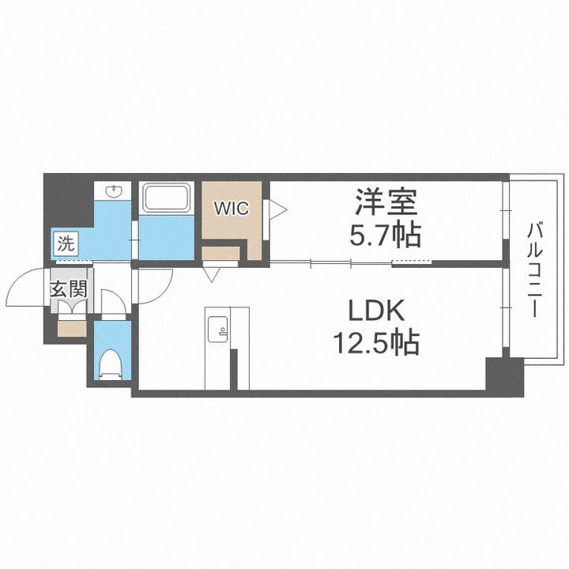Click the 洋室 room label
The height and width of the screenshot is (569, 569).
pos(386,203)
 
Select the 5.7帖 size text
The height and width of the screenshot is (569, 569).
pos(386,234)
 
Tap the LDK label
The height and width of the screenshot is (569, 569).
pos(375,311)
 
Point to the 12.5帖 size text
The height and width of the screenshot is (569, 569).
pos(374,344)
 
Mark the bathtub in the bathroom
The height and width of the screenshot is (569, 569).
pos(166,198)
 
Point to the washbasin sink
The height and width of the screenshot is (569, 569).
pos(113,192)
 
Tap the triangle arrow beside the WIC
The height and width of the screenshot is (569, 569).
pos(277,209)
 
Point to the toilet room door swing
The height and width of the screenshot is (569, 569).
pos(113,304)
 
